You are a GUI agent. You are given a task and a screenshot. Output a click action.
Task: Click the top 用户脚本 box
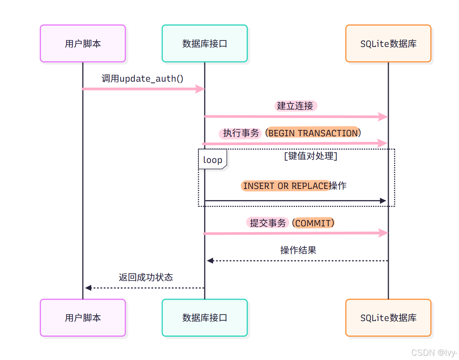pyautogui.click(x=83, y=44)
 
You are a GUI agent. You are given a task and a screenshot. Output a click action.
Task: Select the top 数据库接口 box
pyautogui.click(x=205, y=44)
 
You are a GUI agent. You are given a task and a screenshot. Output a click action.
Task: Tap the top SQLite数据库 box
pyautogui.click(x=388, y=44)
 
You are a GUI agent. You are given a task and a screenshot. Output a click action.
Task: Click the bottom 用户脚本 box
pyautogui.click(x=83, y=318)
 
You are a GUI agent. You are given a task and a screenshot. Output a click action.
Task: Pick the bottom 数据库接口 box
pyautogui.click(x=205, y=318)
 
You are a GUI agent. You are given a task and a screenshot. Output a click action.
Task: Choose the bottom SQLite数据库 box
pyautogui.click(x=388, y=318)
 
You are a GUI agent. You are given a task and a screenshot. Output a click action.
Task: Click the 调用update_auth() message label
pyautogui.click(x=142, y=79)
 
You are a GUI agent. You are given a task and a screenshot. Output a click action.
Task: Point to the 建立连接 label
pyautogui.click(x=295, y=106)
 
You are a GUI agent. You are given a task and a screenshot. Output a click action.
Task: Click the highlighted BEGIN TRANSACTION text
pyautogui.click(x=313, y=133)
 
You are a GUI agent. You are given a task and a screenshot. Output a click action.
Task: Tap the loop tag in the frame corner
pyautogui.click(x=212, y=160)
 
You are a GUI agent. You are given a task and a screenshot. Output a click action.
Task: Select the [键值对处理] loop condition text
pyautogui.click(x=310, y=156)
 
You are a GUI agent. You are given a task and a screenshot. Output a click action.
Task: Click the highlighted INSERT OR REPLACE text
pyautogui.click(x=286, y=186)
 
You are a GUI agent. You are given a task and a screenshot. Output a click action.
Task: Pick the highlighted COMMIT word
pyautogui.click(x=313, y=223)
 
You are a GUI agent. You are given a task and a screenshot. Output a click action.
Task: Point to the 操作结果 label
pyautogui.click(x=298, y=250)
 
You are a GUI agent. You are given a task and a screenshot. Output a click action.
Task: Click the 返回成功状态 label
pyautogui.click(x=146, y=277)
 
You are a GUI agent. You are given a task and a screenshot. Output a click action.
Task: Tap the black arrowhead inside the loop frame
pyautogui.click(x=383, y=200)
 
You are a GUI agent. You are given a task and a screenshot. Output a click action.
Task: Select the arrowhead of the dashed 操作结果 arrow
pyautogui.click(x=210, y=261)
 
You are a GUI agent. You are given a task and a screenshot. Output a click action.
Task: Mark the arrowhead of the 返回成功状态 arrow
pyautogui.click(x=88, y=288)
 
